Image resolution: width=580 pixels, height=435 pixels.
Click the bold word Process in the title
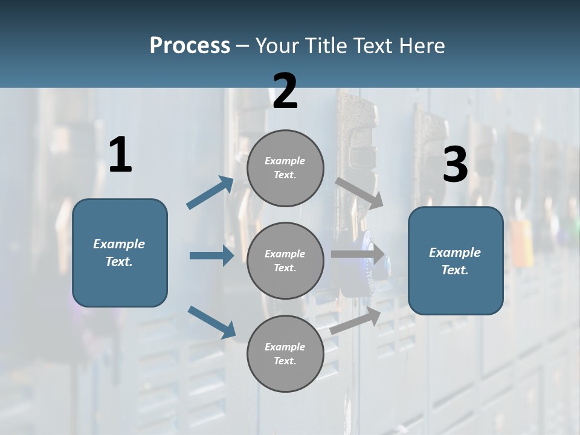(190, 46)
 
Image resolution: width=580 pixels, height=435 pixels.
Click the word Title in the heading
(323, 46)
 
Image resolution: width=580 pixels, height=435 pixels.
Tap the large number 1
(120, 155)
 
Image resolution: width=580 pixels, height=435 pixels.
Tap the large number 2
(285, 91)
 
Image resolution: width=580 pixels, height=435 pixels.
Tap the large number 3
(455, 165)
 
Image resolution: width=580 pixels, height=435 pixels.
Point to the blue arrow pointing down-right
(211, 321)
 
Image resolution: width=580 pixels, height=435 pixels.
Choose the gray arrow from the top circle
(359, 193)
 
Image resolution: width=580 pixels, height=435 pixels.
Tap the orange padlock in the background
(521, 242)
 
